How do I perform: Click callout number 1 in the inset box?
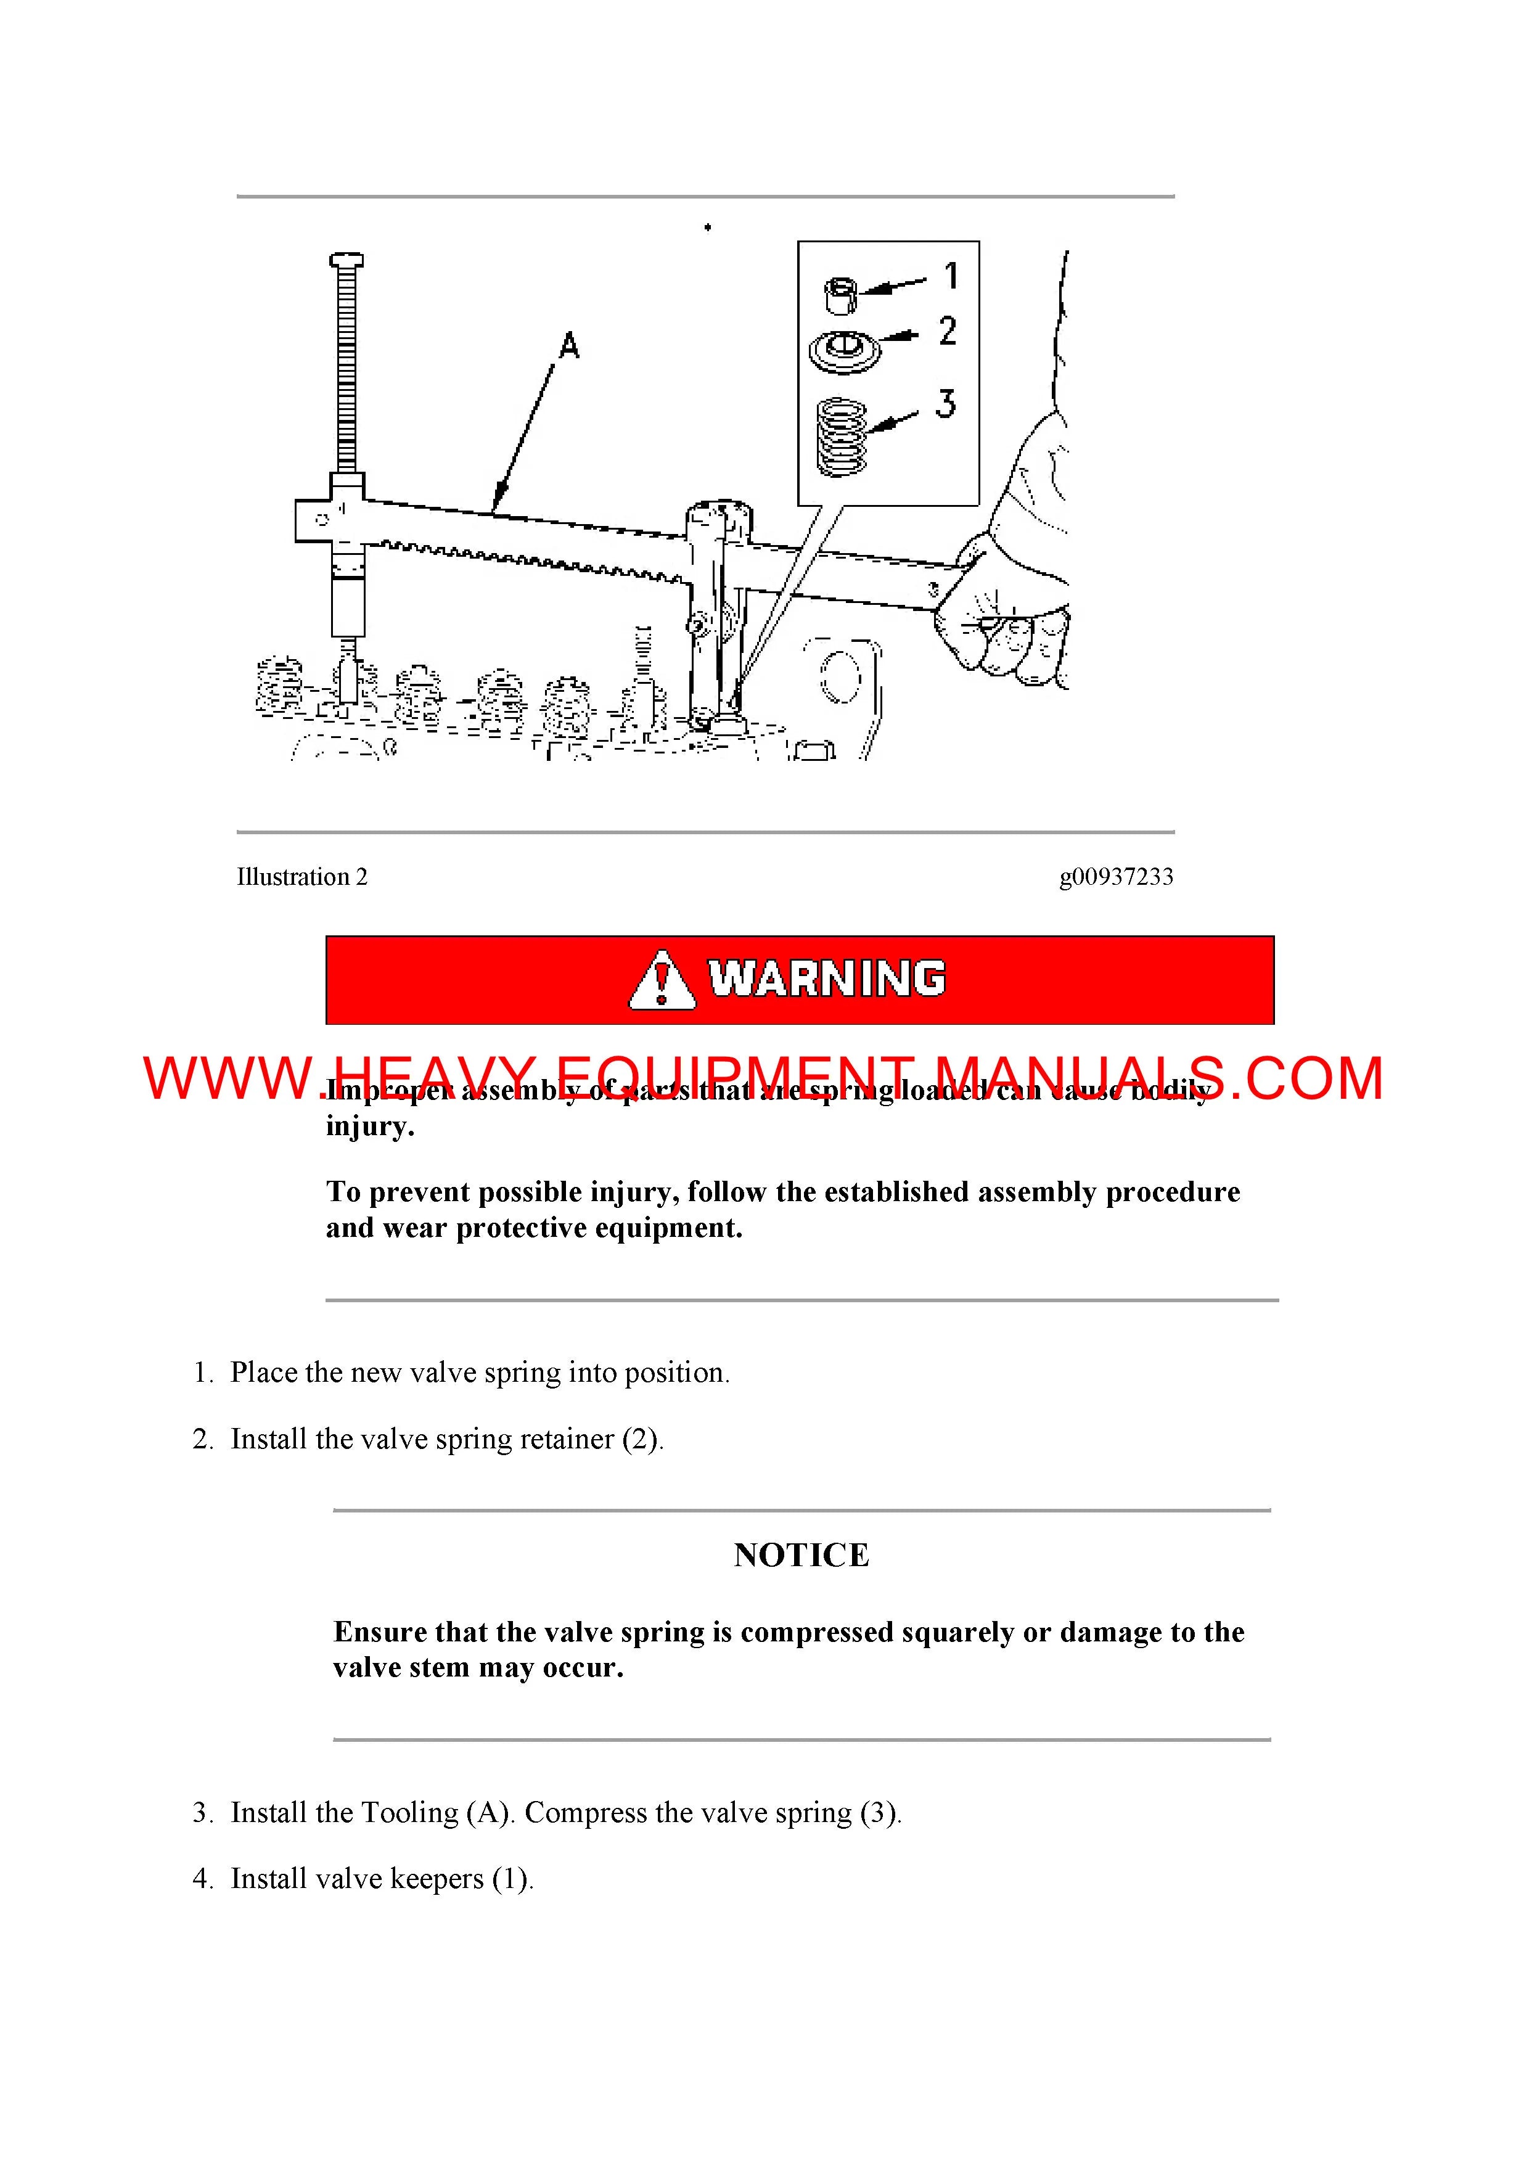coord(951,276)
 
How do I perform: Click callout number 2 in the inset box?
coord(947,330)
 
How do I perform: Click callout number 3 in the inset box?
coord(946,403)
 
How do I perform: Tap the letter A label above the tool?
coord(569,346)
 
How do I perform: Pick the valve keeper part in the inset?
coord(842,295)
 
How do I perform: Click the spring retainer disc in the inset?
coord(845,352)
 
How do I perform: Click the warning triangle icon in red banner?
coord(662,981)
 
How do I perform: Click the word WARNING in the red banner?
coord(827,979)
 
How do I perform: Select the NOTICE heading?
coord(801,1554)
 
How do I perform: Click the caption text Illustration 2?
coord(301,877)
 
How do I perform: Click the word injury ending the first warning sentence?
coord(368,1126)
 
